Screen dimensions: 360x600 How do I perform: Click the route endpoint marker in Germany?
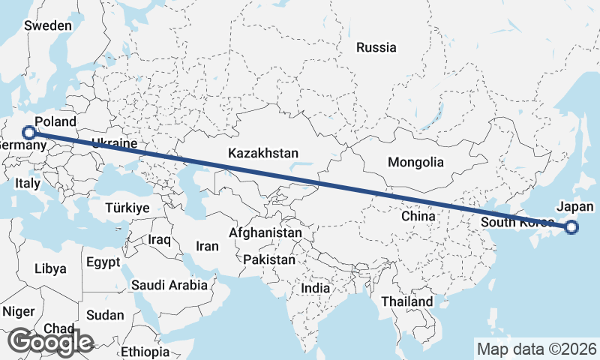(x=29, y=133)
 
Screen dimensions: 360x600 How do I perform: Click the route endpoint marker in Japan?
(x=571, y=227)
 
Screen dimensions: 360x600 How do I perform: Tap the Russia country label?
(x=376, y=48)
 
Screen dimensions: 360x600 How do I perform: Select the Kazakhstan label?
(x=263, y=154)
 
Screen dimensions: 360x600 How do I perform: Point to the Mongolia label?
(x=415, y=162)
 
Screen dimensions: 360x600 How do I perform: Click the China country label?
(x=418, y=216)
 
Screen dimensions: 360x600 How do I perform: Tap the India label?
(x=316, y=288)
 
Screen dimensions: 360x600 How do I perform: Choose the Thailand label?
(x=406, y=301)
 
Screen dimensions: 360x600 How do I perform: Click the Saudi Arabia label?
(x=169, y=285)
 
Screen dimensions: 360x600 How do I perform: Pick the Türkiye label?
(x=127, y=208)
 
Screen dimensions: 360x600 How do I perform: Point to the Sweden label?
(x=48, y=25)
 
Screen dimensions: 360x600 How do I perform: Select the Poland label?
(x=55, y=121)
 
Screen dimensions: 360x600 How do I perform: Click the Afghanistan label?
(x=265, y=233)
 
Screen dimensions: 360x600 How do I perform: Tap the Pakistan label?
(x=269, y=259)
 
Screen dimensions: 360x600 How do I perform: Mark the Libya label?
(x=50, y=268)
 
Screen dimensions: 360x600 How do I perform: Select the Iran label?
(x=207, y=246)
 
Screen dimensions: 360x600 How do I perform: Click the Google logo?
(x=51, y=341)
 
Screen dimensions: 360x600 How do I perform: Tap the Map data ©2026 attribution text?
(x=537, y=349)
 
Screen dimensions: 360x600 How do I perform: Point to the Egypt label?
(x=103, y=263)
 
